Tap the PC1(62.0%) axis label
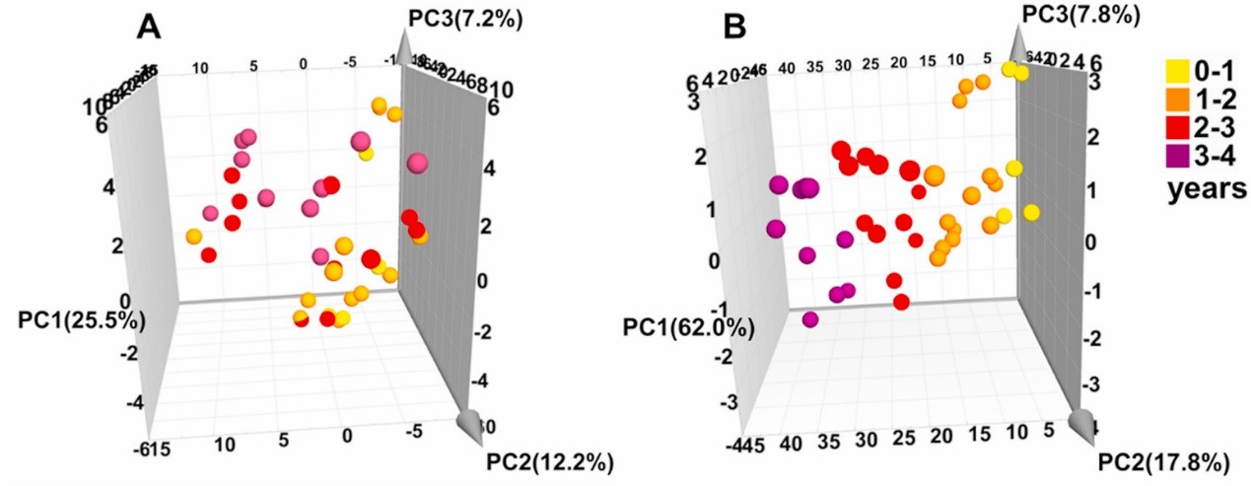[x=687, y=326]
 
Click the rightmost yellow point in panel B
[x=1032, y=212]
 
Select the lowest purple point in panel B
[x=810, y=319]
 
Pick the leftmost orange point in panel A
[x=193, y=237]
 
